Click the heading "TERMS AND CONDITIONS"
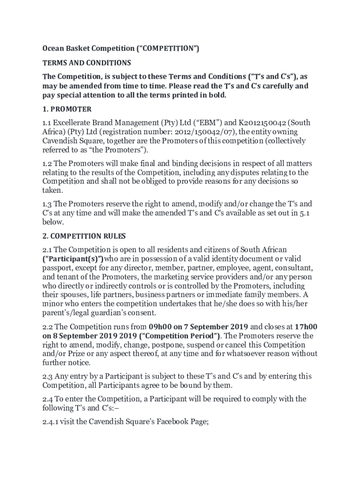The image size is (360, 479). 87,63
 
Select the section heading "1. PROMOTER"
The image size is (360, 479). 67,109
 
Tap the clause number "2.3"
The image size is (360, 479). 48,376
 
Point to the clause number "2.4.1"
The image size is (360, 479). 52,421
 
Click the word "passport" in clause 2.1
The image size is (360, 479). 57,268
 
